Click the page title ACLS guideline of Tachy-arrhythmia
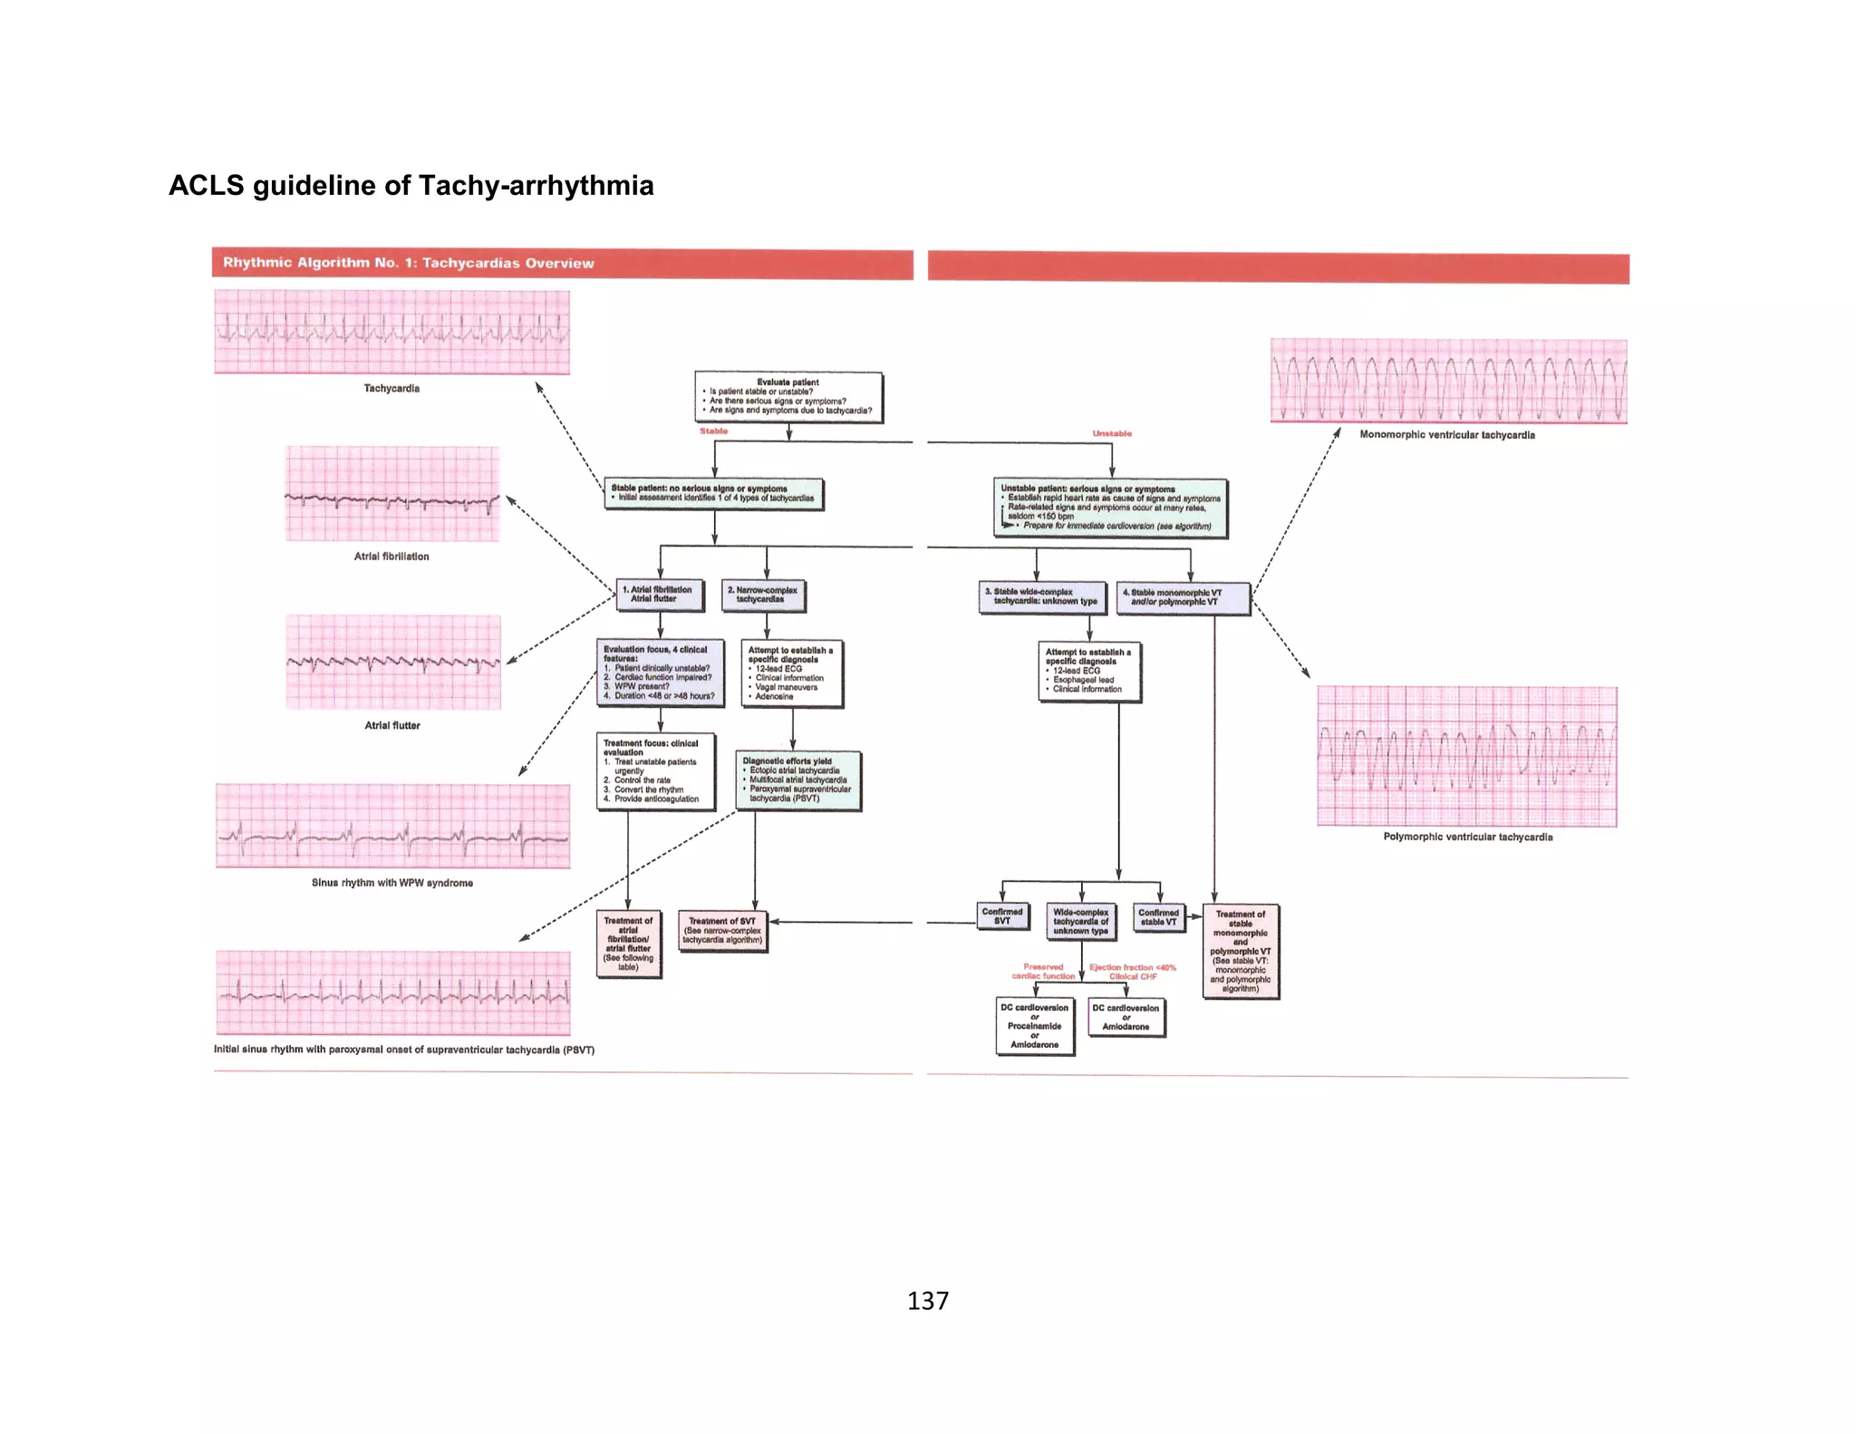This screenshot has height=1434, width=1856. [411, 185]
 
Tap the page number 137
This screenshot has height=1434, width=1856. [927, 1301]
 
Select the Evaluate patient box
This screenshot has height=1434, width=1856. [788, 397]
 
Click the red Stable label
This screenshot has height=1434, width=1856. [713, 431]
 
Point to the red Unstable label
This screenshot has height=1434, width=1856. [1112, 433]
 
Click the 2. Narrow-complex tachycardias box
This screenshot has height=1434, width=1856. [764, 595]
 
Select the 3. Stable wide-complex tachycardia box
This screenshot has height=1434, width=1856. [1042, 596]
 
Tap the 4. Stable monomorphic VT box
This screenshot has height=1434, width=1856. [1183, 597]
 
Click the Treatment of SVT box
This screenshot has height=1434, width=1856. [722, 931]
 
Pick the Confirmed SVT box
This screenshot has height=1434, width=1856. [1002, 916]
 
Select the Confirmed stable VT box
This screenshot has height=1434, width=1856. [1158, 917]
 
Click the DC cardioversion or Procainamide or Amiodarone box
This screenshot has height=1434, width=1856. [1035, 1026]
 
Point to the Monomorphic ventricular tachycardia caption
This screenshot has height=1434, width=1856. [1447, 435]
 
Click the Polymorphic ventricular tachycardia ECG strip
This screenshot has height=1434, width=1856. [1466, 757]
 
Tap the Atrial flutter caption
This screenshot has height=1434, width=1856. [392, 725]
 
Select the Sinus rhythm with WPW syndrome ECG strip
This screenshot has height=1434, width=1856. [392, 826]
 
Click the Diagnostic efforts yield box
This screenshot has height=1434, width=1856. [797, 780]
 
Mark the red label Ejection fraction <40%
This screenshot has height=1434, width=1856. [1132, 967]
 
